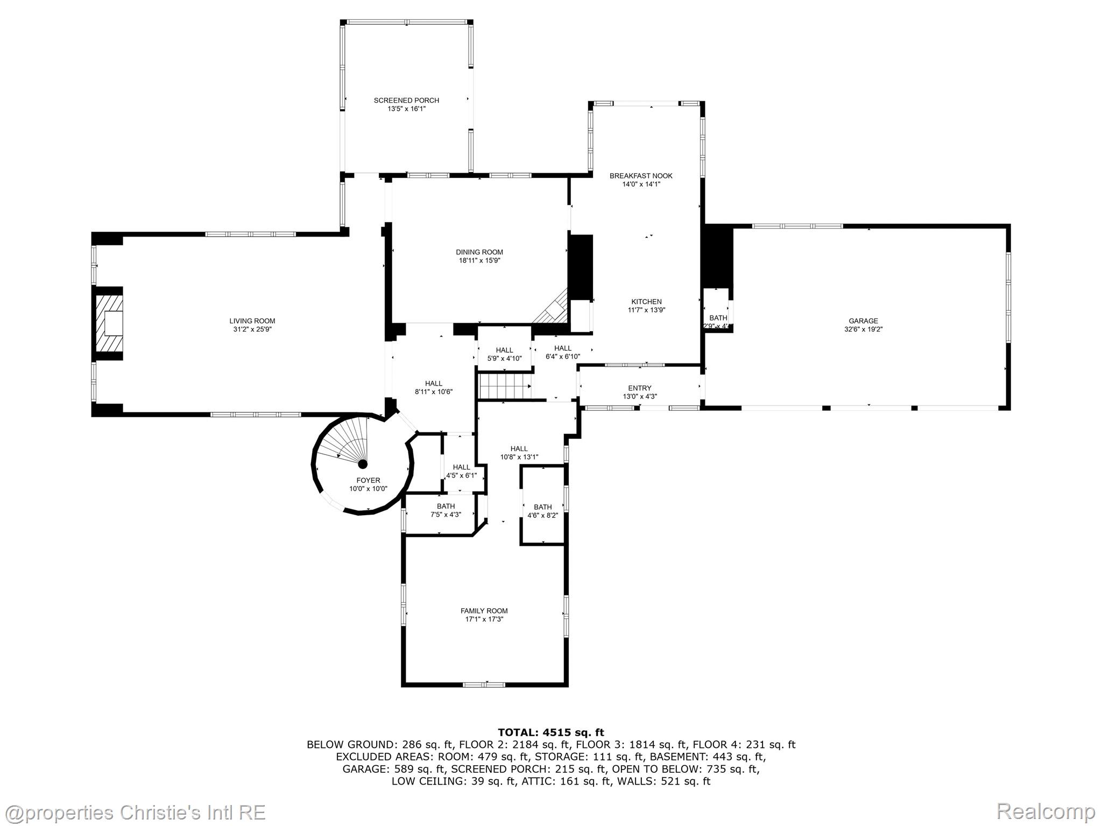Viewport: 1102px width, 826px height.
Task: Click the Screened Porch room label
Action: point(406,101)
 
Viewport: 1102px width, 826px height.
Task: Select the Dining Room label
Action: point(479,252)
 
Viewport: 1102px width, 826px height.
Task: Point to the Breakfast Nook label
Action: point(640,176)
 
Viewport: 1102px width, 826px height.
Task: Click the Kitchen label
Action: point(646,302)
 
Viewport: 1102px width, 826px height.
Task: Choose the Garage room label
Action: point(863,321)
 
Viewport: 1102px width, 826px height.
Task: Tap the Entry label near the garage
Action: point(639,388)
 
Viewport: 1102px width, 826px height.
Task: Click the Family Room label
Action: point(484,611)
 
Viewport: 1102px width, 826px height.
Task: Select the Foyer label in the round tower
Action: point(368,481)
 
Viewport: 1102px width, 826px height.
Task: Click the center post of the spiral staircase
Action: point(363,464)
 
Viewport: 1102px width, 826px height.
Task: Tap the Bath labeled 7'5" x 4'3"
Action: point(446,506)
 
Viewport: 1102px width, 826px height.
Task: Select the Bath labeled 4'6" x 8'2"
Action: point(542,507)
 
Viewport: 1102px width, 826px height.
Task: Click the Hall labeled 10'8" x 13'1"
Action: point(519,448)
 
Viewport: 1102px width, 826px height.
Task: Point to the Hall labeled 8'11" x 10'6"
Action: point(433,383)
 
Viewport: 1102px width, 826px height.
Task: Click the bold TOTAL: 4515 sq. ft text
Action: point(550,732)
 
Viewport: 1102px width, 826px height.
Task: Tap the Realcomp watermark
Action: point(1046,811)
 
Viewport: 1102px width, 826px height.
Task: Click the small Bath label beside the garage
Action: point(718,318)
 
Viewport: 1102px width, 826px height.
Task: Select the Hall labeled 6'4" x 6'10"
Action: point(563,348)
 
